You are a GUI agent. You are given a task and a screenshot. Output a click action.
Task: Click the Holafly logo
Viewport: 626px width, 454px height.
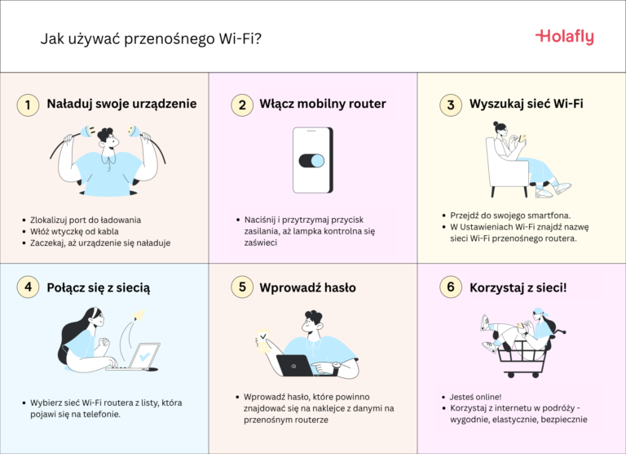point(564,37)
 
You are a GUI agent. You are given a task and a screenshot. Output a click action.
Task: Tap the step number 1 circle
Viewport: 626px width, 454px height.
point(28,105)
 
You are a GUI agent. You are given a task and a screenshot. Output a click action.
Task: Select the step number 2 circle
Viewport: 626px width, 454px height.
point(241,105)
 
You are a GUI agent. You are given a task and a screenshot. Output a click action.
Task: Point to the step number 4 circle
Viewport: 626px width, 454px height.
point(28,288)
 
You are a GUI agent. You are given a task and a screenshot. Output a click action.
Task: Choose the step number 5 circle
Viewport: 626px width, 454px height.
point(241,288)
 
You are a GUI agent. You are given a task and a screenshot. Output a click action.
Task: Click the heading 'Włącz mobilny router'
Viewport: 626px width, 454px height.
point(322,105)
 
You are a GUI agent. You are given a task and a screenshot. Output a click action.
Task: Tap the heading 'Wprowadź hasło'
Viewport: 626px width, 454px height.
point(307,288)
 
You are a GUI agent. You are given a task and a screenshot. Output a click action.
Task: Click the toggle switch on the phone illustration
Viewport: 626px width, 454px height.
point(312,160)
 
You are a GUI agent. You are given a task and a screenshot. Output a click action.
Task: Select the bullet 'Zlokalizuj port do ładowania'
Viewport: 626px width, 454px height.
point(85,220)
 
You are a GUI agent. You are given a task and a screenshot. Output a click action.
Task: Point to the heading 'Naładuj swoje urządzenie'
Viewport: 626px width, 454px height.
point(121,105)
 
